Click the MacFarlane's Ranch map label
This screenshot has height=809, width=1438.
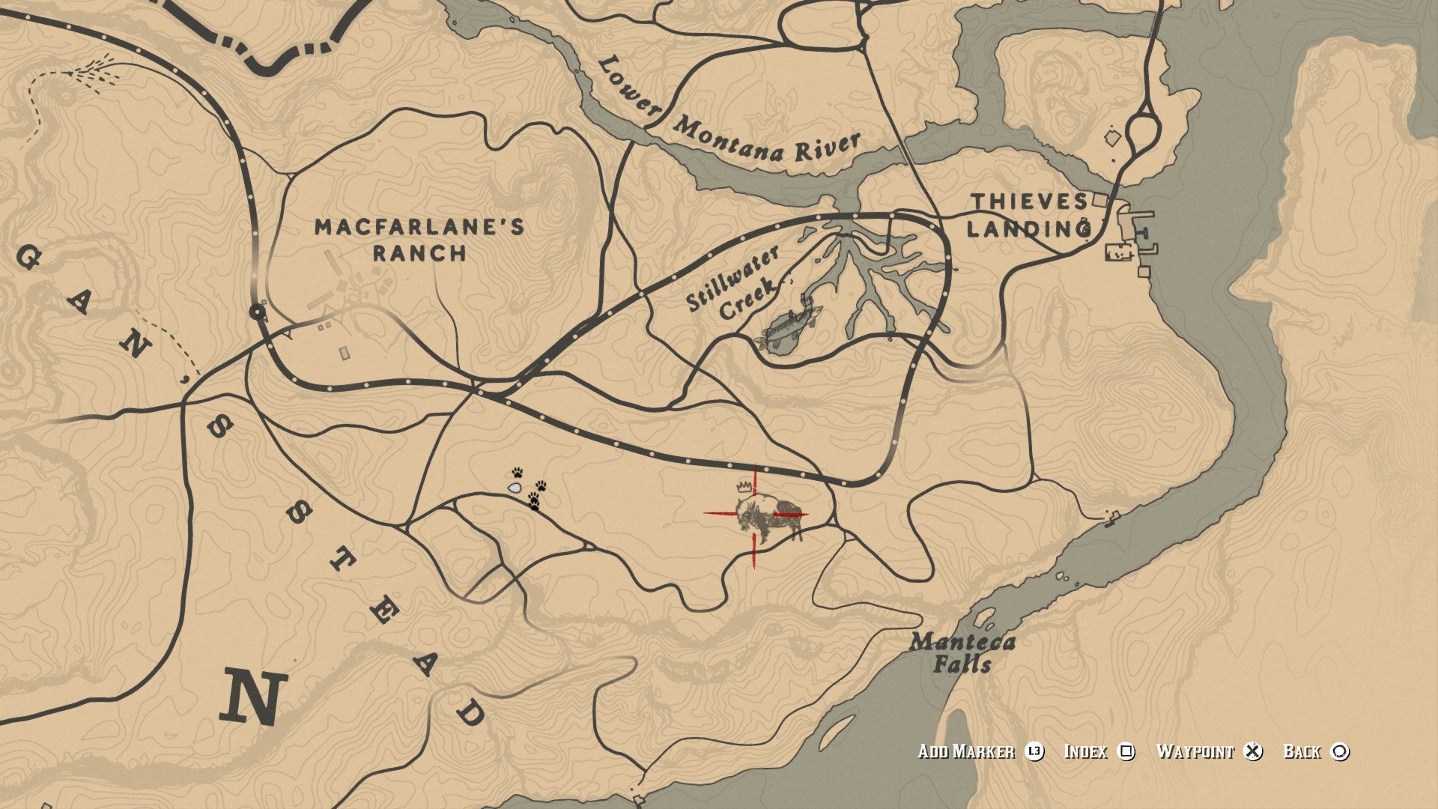(x=419, y=240)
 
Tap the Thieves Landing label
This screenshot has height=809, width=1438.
(x=1031, y=215)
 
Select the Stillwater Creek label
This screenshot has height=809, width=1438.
(x=733, y=284)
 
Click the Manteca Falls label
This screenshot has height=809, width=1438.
(x=962, y=652)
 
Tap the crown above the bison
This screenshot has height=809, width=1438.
(x=744, y=486)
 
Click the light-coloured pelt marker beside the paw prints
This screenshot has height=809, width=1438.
(x=515, y=488)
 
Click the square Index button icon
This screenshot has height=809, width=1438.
(x=1126, y=751)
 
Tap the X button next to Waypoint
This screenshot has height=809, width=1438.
(x=1253, y=751)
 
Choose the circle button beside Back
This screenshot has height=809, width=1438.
(x=1340, y=751)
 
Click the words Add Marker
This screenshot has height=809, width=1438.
(x=966, y=751)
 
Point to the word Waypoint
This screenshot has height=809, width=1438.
(x=1195, y=751)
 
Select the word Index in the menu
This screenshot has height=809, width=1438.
(x=1085, y=751)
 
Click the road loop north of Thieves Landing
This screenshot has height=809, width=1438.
(x=1141, y=130)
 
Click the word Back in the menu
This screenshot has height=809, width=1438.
(x=1302, y=751)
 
